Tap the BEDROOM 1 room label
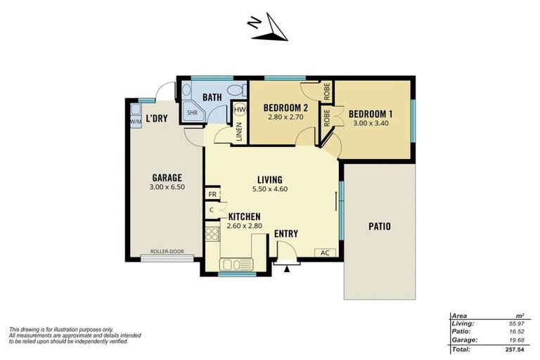tap(371, 114)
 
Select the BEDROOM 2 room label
tap(285, 108)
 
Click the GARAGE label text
tap(167, 178)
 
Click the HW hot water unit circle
tap(240, 110)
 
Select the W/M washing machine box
tap(135, 120)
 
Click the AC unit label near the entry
tap(325, 252)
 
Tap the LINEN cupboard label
tap(239, 133)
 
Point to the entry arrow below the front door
tap(287, 268)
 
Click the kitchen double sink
tap(236, 264)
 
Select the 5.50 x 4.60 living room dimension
tap(270, 188)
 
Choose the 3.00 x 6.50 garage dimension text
tap(167, 188)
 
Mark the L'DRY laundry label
tap(156, 118)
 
